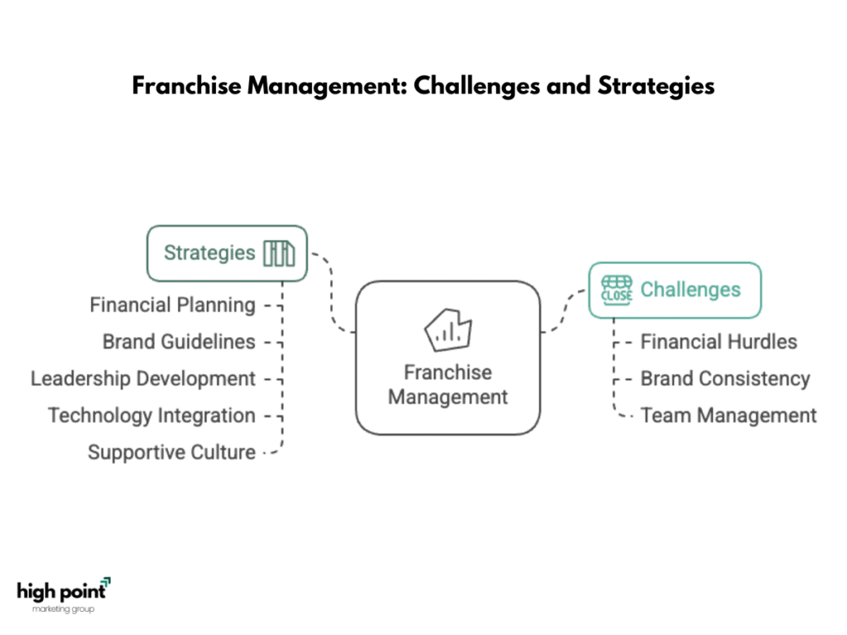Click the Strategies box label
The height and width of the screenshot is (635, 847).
[x=209, y=253]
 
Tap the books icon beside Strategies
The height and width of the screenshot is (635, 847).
[x=280, y=253]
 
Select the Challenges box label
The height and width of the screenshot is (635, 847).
[x=691, y=290]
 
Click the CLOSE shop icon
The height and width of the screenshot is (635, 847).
[x=616, y=290]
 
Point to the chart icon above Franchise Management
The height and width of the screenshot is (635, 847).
[x=447, y=330]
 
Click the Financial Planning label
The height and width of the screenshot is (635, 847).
[x=172, y=305]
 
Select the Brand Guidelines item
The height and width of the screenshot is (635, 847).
[x=179, y=341]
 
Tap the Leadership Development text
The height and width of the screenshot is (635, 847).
[x=142, y=379]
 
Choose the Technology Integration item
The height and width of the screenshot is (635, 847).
[x=152, y=416]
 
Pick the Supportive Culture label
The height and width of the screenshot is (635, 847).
[x=172, y=452]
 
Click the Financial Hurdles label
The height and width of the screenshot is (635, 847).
[x=719, y=341]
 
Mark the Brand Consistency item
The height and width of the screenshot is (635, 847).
[x=725, y=379]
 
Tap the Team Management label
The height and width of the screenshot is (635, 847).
[x=728, y=416]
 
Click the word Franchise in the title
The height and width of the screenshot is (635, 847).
[x=187, y=86]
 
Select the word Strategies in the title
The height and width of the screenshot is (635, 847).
[x=656, y=86]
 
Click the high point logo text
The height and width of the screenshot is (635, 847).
[x=61, y=592]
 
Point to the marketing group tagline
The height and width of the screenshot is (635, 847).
[x=63, y=609]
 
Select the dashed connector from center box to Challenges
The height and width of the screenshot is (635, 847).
[x=562, y=312]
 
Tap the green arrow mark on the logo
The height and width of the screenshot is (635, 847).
[x=107, y=581]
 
